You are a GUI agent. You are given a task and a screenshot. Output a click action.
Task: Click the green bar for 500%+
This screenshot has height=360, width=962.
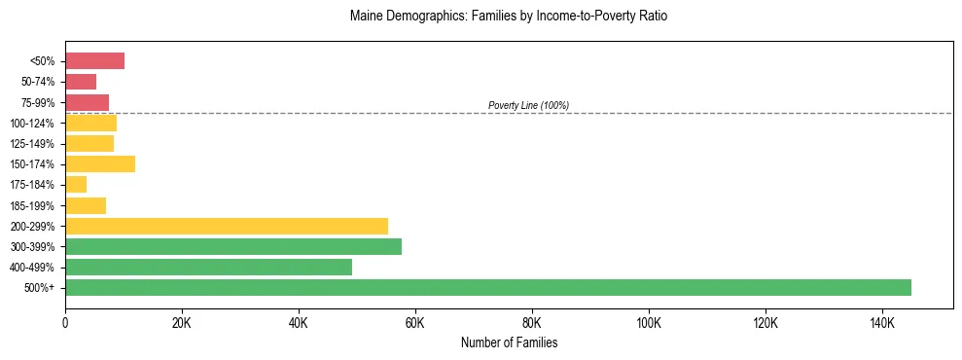tap(488, 287)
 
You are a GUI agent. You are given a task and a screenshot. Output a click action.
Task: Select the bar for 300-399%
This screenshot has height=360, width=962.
tap(233, 246)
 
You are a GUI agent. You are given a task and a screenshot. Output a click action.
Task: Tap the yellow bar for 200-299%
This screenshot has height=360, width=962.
tap(227, 226)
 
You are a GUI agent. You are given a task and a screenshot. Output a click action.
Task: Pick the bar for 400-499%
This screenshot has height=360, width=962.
tap(208, 267)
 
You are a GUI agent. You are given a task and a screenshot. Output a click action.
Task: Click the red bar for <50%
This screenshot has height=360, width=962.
tap(94, 61)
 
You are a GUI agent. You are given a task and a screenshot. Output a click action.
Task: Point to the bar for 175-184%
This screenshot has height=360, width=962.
tap(76, 184)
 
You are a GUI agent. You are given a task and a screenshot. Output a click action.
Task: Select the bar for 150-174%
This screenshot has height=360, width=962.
tap(100, 163)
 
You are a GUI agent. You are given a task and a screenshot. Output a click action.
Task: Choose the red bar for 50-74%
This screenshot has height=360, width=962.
tap(81, 82)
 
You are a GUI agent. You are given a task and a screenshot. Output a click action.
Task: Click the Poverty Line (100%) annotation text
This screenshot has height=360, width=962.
tap(528, 105)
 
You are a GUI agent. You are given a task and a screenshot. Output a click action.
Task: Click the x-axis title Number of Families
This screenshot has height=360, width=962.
tap(509, 342)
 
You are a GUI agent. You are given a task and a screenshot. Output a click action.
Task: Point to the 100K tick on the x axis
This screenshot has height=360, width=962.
tap(648, 322)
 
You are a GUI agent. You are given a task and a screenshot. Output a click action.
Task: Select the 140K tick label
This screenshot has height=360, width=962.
tap(881, 322)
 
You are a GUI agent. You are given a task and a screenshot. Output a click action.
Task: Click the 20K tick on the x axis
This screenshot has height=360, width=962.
tap(182, 322)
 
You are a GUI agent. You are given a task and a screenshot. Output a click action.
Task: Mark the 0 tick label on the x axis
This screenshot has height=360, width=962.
tap(65, 322)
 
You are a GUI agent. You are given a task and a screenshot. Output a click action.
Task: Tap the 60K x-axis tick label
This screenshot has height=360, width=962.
tap(415, 322)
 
